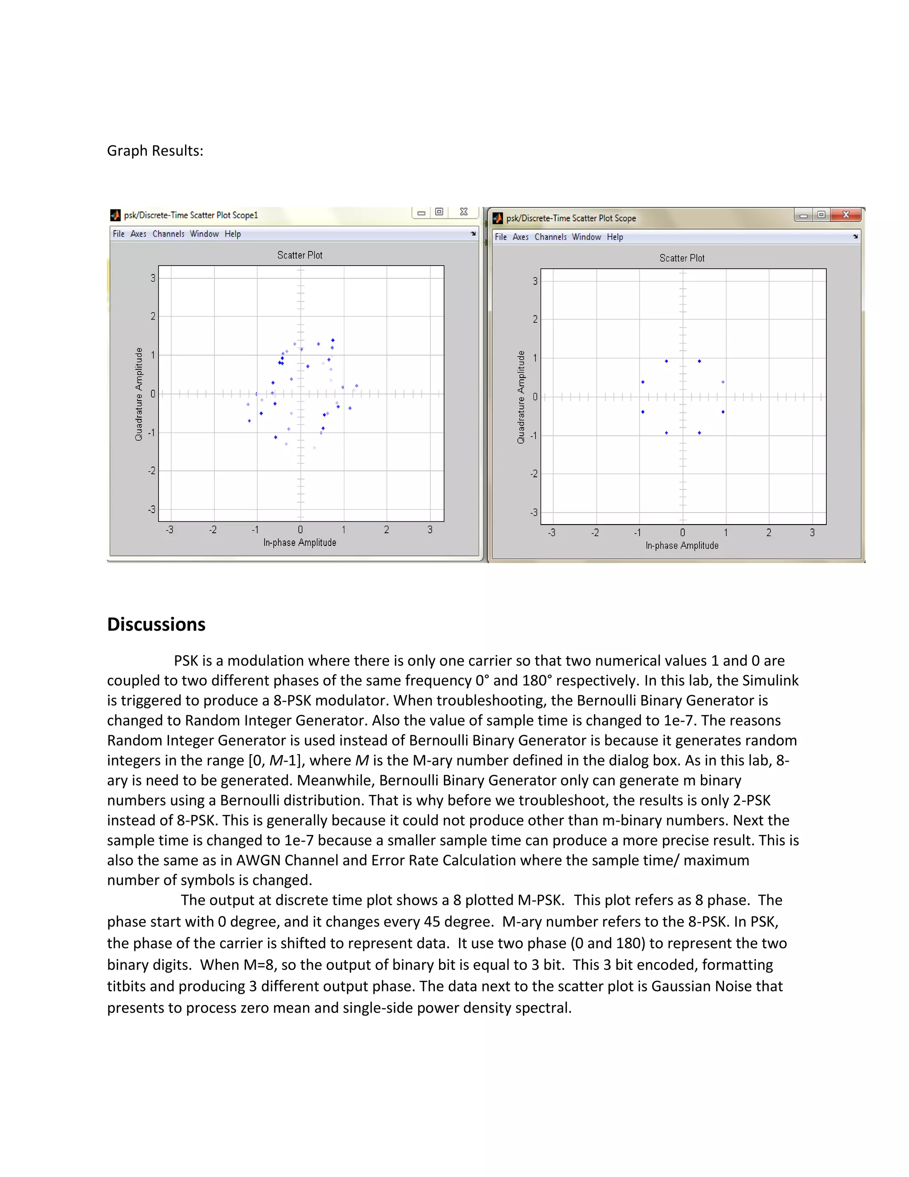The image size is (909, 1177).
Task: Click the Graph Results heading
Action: pos(155,151)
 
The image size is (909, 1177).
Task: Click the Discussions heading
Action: pos(156,624)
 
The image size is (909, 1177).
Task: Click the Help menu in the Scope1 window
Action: pos(233,234)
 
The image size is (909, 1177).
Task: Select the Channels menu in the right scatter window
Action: pos(550,237)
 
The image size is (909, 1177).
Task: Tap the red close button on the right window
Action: pos(846,215)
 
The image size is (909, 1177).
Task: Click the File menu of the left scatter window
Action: pos(119,234)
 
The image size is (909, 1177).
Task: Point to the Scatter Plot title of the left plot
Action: pos(300,255)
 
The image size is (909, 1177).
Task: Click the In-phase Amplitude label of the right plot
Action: pos(682,545)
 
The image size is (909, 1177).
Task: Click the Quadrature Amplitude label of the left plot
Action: pos(139,394)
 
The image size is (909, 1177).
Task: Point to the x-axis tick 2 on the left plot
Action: pos(386,530)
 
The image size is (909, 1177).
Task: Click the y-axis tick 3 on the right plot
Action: pos(535,281)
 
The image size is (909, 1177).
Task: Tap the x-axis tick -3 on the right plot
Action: pos(551,533)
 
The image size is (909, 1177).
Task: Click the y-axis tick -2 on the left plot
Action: pos(152,471)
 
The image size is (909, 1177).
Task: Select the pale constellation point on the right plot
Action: pos(723,382)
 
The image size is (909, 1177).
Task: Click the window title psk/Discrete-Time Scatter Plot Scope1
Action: pos(190,215)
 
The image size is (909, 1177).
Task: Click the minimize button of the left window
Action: pos(421,213)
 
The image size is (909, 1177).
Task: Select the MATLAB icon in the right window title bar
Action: pos(498,218)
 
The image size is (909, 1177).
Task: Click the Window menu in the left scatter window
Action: pos(204,234)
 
